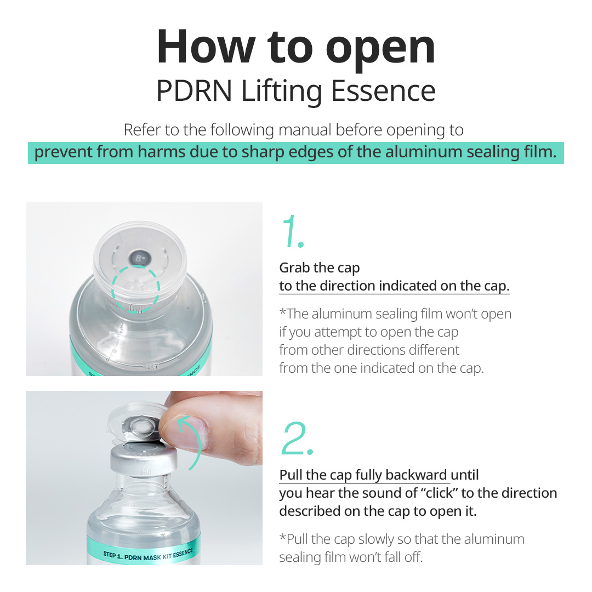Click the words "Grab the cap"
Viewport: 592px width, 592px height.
coord(320,268)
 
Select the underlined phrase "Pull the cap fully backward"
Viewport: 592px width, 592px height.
coord(363,475)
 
